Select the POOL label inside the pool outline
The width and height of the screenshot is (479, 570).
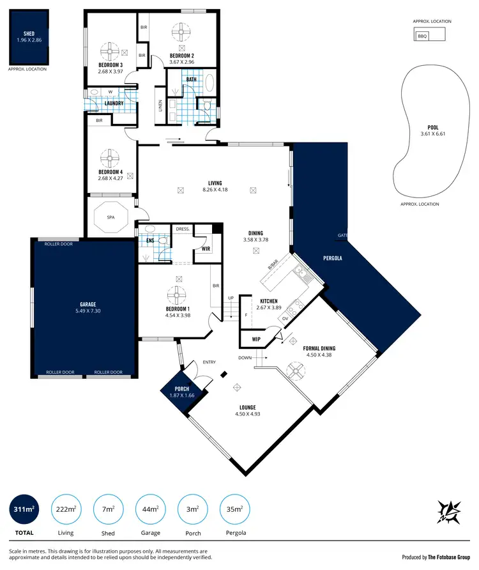click(x=433, y=127)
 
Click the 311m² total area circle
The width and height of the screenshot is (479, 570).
click(x=24, y=509)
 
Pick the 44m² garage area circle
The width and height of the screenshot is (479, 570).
click(x=150, y=509)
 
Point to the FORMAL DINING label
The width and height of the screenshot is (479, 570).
click(x=320, y=348)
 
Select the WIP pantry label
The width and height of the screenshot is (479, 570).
click(x=256, y=339)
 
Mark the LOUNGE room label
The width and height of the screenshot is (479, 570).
click(x=248, y=407)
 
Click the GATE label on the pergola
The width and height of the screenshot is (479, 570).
click(x=343, y=235)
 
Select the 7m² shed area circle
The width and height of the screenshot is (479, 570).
click(x=108, y=509)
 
